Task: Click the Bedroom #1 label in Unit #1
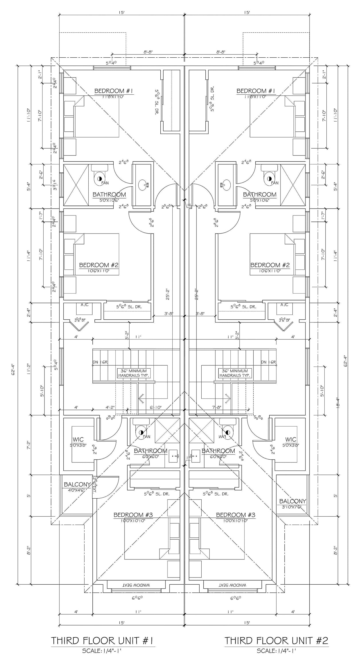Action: pyautogui.click(x=114, y=91)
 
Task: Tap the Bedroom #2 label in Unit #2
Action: pyautogui.click(x=270, y=265)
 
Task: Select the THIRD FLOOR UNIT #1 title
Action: pyautogui.click(x=102, y=640)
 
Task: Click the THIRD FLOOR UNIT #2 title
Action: pyautogui.click(x=276, y=640)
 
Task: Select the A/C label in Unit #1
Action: pyautogui.click(x=84, y=305)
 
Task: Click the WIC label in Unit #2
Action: pyautogui.click(x=291, y=440)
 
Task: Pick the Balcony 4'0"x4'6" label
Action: pyautogui.click(x=77, y=485)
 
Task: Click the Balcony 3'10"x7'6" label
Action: pyautogui.click(x=293, y=501)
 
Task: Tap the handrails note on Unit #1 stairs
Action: pyautogui.click(x=133, y=373)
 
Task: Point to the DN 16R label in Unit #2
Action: pyautogui.click(x=268, y=362)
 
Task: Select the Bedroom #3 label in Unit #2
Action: pyautogui.click(x=235, y=515)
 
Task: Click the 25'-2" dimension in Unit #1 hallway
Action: pyautogui.click(x=167, y=294)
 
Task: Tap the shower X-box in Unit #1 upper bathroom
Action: pyautogui.click(x=76, y=184)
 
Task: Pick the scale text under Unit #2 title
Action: pyautogui.click(x=276, y=651)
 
